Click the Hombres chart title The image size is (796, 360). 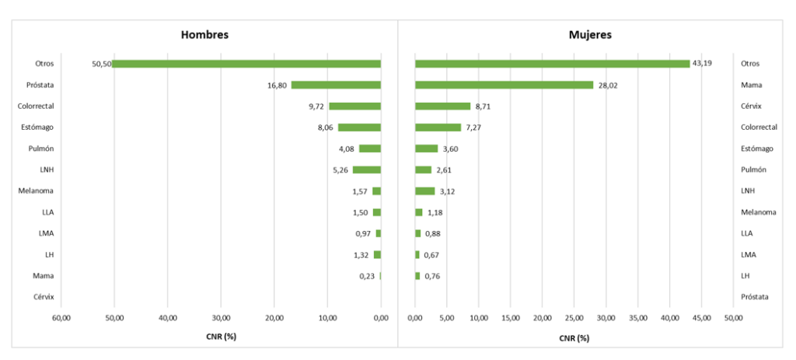204,35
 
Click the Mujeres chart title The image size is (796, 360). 590,35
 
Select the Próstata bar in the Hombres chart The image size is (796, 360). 336,85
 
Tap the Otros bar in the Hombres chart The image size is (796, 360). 246,64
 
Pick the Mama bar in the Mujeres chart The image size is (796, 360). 504,85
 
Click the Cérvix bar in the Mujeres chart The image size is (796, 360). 442,106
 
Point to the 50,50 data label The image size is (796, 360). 101,64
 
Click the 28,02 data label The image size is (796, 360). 607,85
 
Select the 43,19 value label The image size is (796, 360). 702,64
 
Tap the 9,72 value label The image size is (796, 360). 316,106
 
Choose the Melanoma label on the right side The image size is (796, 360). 759,212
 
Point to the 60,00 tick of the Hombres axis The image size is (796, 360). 61,317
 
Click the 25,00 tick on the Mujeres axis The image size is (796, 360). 574,317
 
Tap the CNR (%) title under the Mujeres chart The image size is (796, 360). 574,337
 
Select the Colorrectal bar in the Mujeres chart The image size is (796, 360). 438,128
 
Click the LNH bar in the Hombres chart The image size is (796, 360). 367,170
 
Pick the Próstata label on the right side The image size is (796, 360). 755,297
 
